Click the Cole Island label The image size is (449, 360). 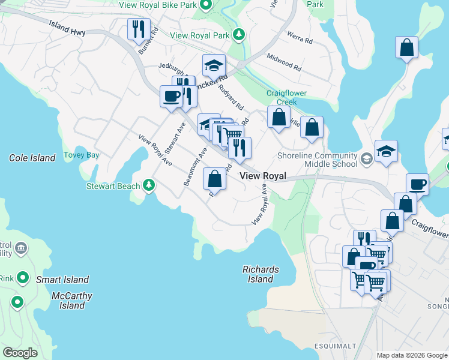coord(32,158)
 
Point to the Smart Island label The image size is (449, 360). coord(62,280)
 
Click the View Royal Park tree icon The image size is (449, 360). coord(240,35)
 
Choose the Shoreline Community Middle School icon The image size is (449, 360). coord(366,159)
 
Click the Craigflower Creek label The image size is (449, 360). coord(282,97)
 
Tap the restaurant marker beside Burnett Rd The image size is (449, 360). coord(139,28)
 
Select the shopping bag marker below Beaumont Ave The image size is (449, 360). coord(214,178)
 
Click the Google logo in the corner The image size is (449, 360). coord(20,353)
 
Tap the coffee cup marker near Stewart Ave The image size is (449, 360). coord(171,95)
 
